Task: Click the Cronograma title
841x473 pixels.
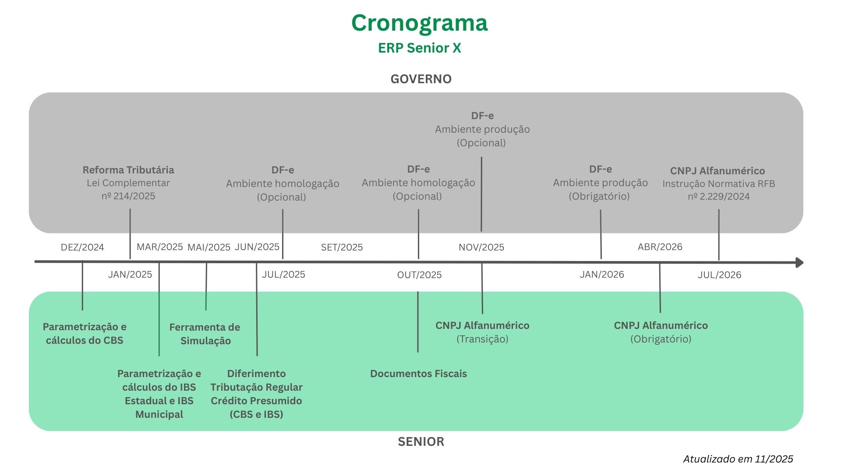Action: pyautogui.click(x=419, y=23)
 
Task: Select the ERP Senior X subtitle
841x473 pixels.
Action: pyautogui.click(x=419, y=48)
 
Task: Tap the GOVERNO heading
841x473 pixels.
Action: pyautogui.click(x=421, y=79)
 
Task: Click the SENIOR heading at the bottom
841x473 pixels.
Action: pyautogui.click(x=421, y=441)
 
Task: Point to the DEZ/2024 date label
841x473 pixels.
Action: pyautogui.click(x=82, y=247)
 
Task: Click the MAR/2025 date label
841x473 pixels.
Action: pyautogui.click(x=159, y=247)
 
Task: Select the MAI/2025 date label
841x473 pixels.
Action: pyautogui.click(x=208, y=247)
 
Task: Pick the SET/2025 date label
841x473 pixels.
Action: pyautogui.click(x=342, y=247)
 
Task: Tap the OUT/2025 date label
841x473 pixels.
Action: pyautogui.click(x=419, y=275)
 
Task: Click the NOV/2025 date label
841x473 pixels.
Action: pyautogui.click(x=481, y=247)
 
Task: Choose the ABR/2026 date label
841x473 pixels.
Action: pyautogui.click(x=660, y=247)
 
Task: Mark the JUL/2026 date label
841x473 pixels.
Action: pyautogui.click(x=719, y=275)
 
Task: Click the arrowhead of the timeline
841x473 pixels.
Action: pyautogui.click(x=799, y=262)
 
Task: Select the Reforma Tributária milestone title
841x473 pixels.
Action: pyautogui.click(x=128, y=170)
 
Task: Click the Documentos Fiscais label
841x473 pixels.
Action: pyautogui.click(x=418, y=374)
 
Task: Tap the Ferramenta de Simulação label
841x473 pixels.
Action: pyautogui.click(x=205, y=334)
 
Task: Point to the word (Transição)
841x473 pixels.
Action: pyautogui.click(x=482, y=339)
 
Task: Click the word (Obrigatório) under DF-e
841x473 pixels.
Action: pyautogui.click(x=599, y=196)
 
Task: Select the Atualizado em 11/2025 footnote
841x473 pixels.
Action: pyautogui.click(x=738, y=459)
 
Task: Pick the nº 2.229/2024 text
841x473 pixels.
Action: pyautogui.click(x=718, y=197)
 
